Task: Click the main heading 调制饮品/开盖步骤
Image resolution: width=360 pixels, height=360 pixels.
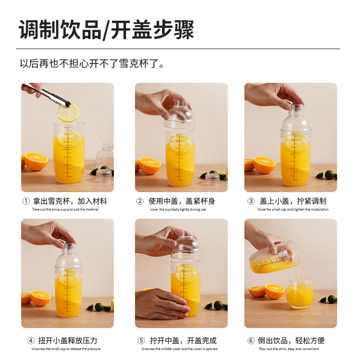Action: point(106,30)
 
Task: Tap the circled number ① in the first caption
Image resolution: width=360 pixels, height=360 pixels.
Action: point(26,201)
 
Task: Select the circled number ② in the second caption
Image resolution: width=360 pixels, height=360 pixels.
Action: point(140,201)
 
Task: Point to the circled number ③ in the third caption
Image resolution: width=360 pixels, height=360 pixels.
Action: point(251,201)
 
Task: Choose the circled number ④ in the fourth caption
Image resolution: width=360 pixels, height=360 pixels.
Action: point(31,341)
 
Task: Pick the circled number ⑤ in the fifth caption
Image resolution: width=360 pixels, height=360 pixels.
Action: point(141,341)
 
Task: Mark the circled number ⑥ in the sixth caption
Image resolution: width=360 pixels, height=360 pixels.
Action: point(251,341)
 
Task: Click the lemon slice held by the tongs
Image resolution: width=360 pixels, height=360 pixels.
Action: point(68,113)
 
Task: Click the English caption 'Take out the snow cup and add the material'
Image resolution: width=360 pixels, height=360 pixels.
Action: point(65,209)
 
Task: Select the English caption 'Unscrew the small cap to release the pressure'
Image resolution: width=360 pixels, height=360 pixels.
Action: point(66,349)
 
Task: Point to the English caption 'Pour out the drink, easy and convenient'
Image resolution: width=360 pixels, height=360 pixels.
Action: point(289,349)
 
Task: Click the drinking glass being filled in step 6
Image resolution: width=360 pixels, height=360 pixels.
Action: point(300,293)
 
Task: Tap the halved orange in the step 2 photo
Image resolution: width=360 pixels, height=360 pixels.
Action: point(150,166)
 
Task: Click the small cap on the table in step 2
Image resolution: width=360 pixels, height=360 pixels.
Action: point(212,179)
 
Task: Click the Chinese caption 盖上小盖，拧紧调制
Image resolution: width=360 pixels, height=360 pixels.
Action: point(293,201)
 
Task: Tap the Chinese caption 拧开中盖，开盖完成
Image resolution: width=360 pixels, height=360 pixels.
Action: point(183,341)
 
